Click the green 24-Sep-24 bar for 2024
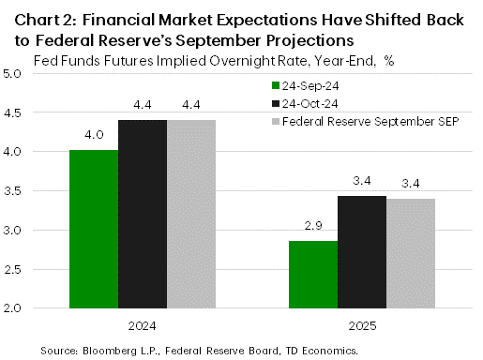tap(94, 229)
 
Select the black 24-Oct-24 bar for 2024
tap(143, 214)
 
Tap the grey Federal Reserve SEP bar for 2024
tap(191, 214)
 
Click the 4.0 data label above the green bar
tap(94, 135)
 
